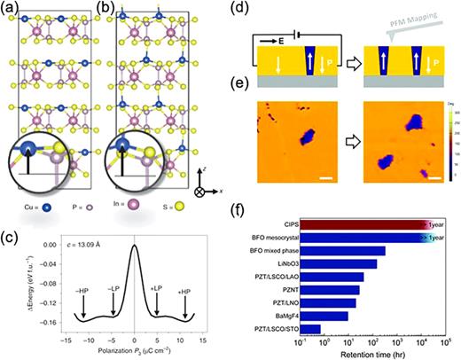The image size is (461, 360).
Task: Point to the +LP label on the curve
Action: [157, 290]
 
